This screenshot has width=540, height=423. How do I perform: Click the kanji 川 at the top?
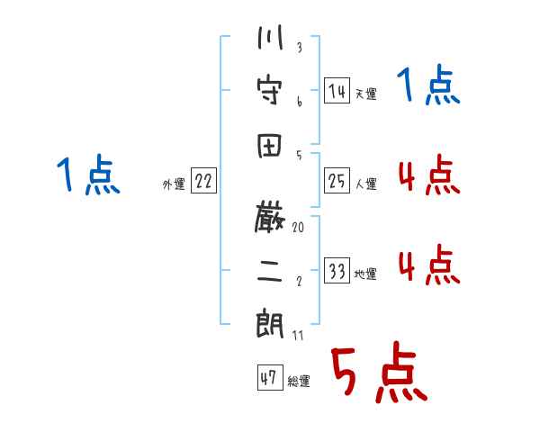tap(270, 37)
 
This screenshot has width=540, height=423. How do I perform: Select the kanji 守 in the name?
tap(270, 91)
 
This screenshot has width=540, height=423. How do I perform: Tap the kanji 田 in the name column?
tap(269, 146)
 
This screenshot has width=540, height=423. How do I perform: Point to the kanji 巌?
tap(270, 218)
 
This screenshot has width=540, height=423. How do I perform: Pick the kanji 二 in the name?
tap(270, 271)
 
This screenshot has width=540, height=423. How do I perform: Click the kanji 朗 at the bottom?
tap(270, 324)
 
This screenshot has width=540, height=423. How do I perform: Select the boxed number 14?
tap(337, 91)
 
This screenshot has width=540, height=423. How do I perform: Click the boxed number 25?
tap(337, 181)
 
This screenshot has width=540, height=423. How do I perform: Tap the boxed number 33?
tap(337, 270)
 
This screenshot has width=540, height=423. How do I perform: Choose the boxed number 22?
tap(203, 181)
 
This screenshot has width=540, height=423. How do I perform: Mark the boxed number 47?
tap(270, 377)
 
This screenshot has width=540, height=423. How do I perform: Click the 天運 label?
tap(366, 94)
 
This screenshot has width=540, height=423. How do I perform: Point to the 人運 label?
tap(366, 184)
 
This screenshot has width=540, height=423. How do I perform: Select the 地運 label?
tap(365, 274)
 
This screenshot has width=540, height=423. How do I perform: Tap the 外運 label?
tap(174, 184)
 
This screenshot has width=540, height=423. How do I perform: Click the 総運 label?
tap(299, 381)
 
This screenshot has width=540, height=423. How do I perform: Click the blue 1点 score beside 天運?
tap(428, 85)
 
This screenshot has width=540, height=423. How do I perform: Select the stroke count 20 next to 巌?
tap(298, 228)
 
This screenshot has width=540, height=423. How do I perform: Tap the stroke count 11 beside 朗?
tap(298, 335)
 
